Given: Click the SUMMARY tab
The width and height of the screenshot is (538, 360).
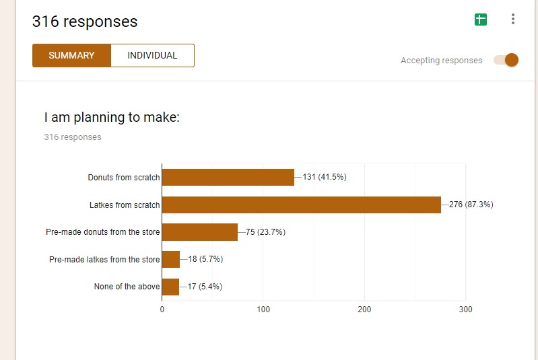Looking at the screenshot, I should point(71,55).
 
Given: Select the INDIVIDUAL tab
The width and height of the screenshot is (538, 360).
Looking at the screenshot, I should point(152,55).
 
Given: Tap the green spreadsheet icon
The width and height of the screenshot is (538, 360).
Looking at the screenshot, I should point(480,20).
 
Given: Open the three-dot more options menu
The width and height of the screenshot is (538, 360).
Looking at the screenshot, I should point(513,20).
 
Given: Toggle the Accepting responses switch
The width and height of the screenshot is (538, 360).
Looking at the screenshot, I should point(506,60).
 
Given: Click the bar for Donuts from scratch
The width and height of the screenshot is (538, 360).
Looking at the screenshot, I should point(228,177).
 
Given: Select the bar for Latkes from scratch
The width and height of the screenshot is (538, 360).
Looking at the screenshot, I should point(301,205).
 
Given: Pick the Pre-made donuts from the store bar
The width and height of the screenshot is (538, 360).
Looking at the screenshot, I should point(199,232).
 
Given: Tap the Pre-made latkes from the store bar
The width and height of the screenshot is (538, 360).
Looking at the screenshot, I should point(171,259).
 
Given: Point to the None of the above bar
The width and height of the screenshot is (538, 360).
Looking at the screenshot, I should point(170,287).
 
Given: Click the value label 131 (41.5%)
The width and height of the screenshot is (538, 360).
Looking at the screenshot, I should point(325,177).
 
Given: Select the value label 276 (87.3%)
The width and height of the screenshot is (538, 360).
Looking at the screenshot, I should point(471,205).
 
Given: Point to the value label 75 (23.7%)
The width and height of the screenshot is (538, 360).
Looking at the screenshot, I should point(265,232).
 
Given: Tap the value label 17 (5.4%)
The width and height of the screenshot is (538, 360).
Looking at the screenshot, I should point(205,287).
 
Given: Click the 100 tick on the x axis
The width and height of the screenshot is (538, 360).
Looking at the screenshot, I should point(263,310).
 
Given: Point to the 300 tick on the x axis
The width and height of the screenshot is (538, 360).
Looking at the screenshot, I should point(465,310).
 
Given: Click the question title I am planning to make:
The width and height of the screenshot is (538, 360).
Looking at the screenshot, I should point(112,118).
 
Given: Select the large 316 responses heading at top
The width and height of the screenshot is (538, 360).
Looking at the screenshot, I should point(85,22).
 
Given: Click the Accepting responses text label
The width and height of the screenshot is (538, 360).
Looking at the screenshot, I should point(441,61).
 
